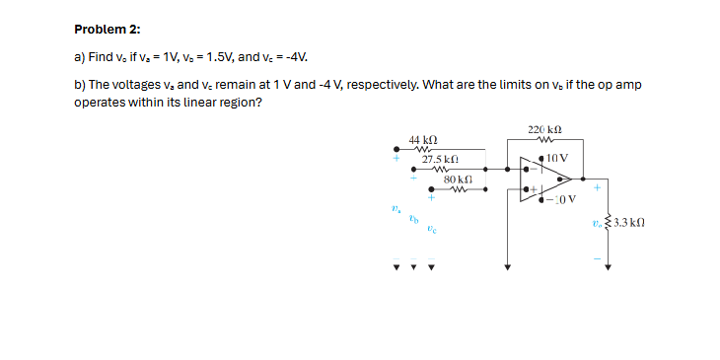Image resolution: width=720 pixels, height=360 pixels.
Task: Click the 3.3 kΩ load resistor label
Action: click(628, 224)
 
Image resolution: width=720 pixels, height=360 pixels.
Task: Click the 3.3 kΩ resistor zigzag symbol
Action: click(608, 224)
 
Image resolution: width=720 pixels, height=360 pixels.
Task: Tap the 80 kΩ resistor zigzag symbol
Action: click(457, 190)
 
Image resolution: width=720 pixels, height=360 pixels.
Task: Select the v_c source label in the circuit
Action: click(431, 228)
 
